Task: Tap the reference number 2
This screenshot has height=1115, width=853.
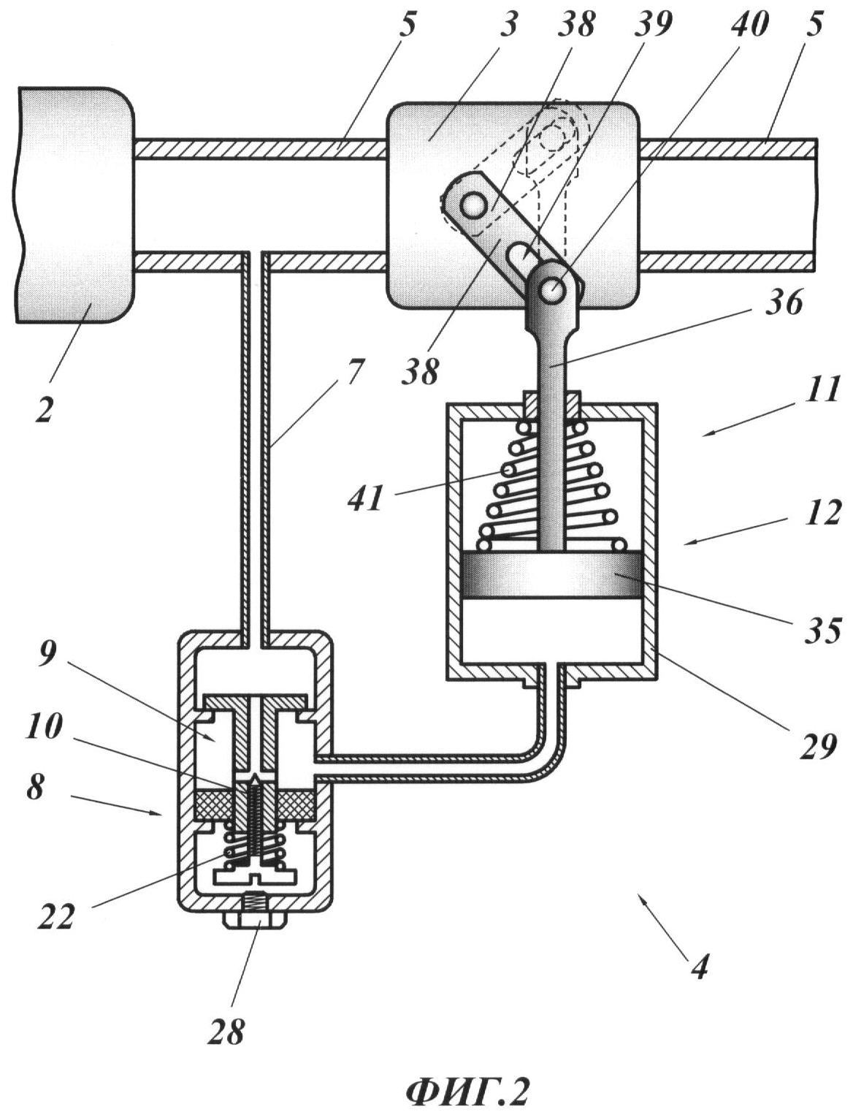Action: (x=44, y=409)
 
